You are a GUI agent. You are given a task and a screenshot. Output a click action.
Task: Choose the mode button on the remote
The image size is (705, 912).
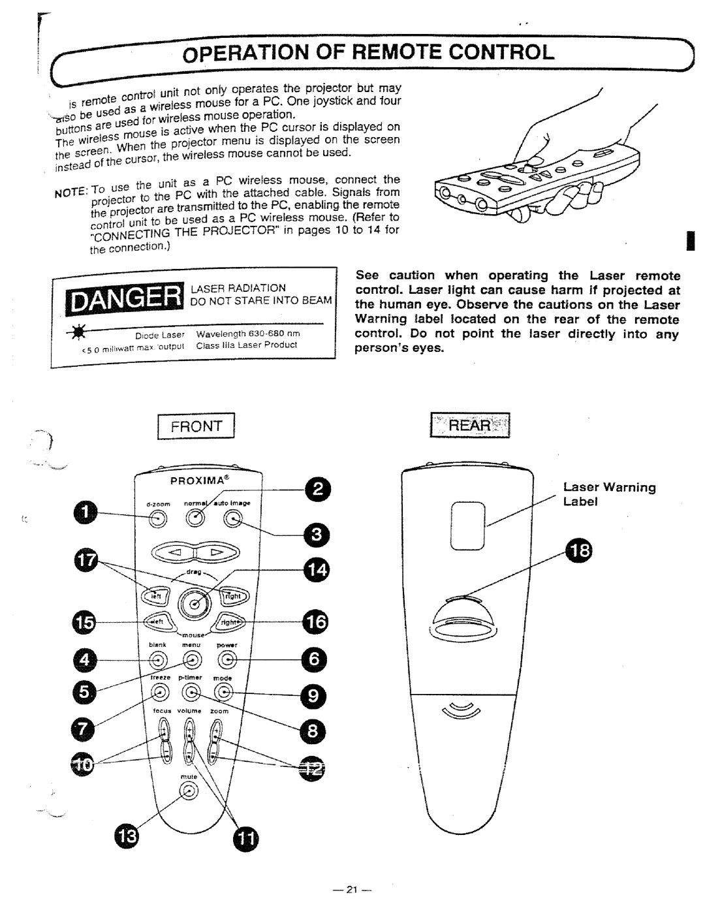[x=224, y=692]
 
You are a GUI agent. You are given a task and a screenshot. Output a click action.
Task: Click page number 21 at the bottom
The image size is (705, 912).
[x=352, y=890]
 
